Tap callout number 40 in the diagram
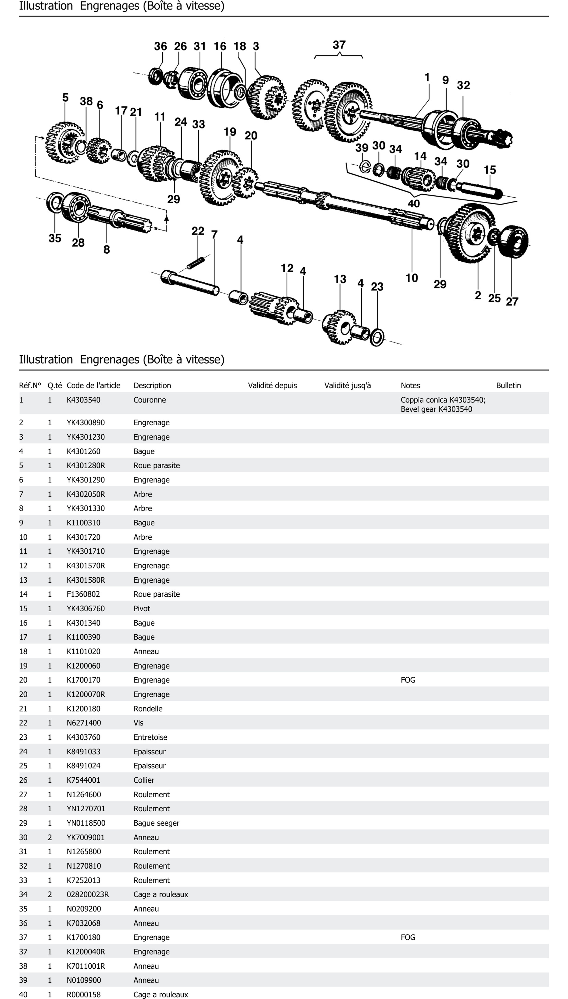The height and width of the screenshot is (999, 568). coord(414,203)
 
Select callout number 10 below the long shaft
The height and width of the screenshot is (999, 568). coord(411,278)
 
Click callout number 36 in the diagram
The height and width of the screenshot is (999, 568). coord(160,46)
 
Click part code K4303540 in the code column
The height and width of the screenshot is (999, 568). coord(83,400)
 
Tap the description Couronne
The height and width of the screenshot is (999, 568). coord(149,400)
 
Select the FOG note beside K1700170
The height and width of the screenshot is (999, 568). coord(408,680)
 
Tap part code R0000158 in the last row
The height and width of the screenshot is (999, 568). coord(83,994)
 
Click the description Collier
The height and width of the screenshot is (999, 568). coord(144,780)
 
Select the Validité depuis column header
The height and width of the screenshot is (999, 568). coord(272,385)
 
